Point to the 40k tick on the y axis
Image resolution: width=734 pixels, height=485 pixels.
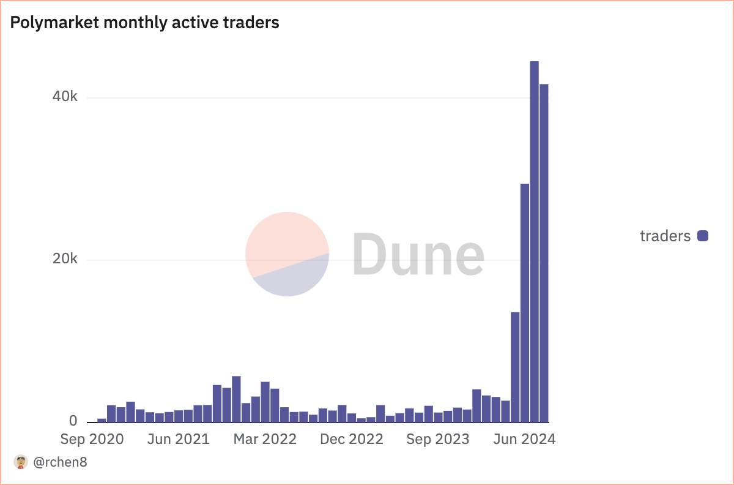pos(65,97)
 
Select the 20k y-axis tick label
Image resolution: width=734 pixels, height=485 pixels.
pos(65,260)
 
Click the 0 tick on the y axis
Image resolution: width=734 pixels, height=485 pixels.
pos(73,421)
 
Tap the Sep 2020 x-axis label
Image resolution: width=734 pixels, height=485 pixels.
pos(92,439)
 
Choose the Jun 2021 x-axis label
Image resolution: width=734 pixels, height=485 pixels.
pos(178,439)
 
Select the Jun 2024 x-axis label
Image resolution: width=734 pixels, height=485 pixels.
pos(524,439)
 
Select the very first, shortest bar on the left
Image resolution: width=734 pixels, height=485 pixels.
pos(102,420)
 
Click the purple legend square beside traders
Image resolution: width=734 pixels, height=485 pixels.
pos(703,236)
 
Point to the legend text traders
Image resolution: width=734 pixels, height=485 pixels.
pos(665,236)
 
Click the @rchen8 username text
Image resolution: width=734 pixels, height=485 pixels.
pos(60,462)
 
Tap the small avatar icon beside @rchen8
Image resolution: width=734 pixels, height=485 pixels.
pos(21,462)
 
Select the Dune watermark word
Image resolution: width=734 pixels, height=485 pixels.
pos(418,254)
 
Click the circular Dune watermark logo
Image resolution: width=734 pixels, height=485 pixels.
pos(287,254)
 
